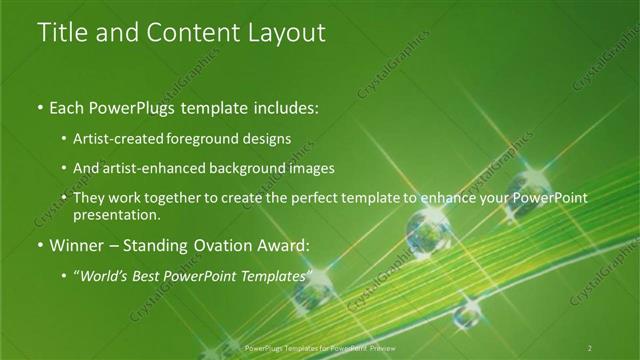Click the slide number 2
pos(590,348)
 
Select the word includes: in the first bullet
pos(280,105)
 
